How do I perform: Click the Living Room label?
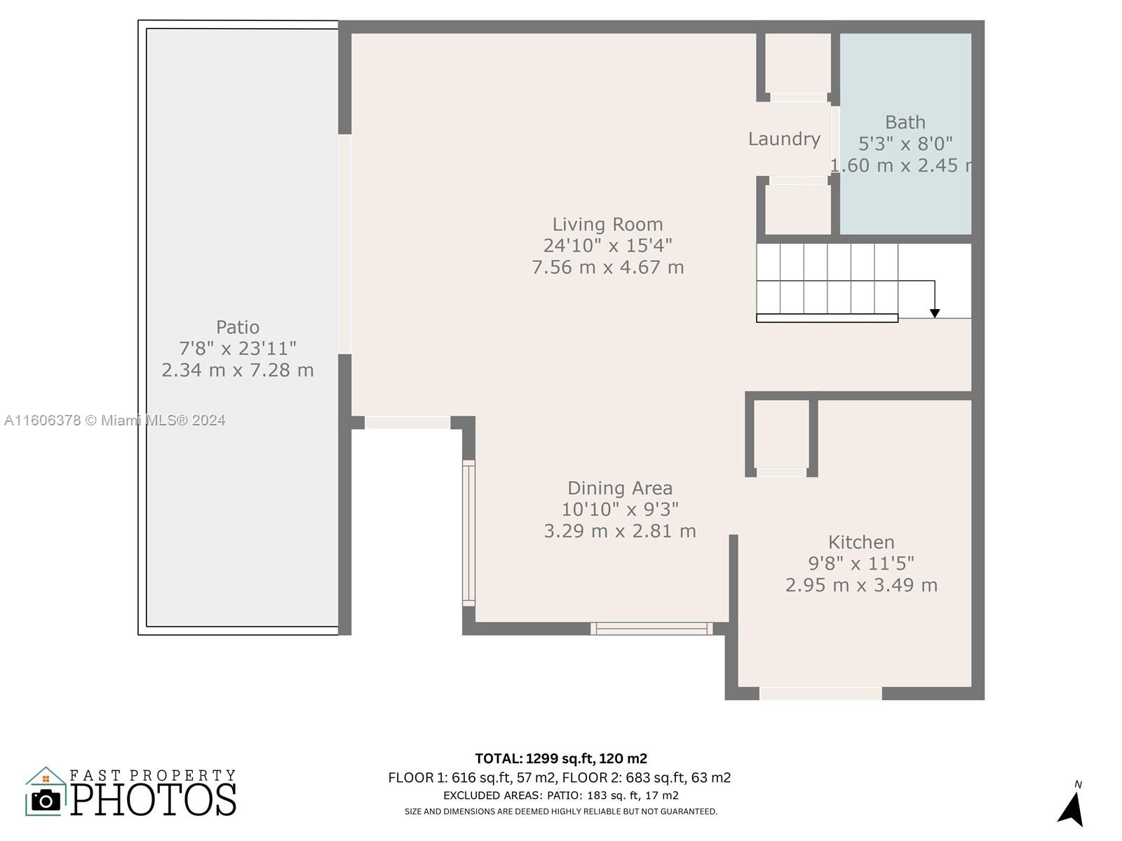[607, 225]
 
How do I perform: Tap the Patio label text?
[238, 327]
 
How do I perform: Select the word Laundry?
[784, 139]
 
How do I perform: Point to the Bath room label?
[905, 123]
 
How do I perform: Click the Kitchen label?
[861, 542]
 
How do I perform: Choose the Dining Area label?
[620, 488]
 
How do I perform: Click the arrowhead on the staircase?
[934, 313]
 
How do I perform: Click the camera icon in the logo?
[46, 800]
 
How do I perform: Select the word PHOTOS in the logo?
[154, 800]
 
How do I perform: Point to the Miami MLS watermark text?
[114, 420]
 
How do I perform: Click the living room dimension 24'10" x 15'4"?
[607, 245]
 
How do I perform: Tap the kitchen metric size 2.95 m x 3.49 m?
[861, 585]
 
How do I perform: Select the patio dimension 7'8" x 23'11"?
[238, 349]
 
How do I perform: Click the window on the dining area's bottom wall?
[651, 629]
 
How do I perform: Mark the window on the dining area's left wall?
[468, 533]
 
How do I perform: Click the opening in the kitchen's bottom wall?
[820, 693]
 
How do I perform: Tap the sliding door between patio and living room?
[345, 244]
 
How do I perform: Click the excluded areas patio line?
[561, 795]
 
